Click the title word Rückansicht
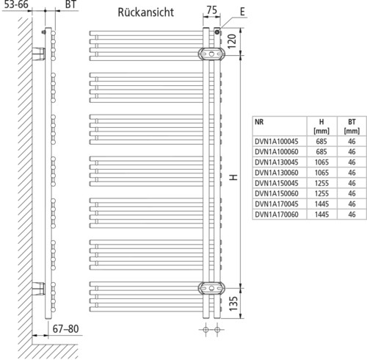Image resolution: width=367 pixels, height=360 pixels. [x=146, y=12]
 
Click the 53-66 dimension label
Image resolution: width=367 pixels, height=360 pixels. [x=16, y=4]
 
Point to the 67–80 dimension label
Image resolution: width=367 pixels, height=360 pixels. [x=65, y=329]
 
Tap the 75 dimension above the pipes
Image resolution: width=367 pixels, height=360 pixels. [x=211, y=10]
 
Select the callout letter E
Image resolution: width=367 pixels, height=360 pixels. [x=242, y=12]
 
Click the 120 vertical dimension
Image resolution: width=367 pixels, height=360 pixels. [x=232, y=41]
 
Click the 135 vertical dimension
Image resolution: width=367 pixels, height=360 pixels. [x=233, y=303]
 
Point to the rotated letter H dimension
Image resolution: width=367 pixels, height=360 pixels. [x=233, y=177]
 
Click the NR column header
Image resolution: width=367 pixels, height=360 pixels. [x=259, y=122]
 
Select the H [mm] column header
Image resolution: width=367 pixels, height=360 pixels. [x=321, y=126]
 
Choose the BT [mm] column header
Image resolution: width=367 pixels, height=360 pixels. [x=352, y=126]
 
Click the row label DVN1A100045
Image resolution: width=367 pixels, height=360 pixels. [x=277, y=142]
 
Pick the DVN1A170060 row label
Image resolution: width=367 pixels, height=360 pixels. [x=277, y=215]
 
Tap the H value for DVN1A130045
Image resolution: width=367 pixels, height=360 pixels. [x=321, y=162]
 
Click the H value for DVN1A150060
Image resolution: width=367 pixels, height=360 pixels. [x=321, y=193]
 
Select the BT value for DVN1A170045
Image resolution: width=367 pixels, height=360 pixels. [x=352, y=204]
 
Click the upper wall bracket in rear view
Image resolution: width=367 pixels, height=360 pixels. [x=211, y=54]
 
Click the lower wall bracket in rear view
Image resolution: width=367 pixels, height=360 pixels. [x=211, y=288]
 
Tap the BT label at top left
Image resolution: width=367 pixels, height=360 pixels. [x=70, y=4]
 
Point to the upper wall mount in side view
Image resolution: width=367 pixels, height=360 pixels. [x=39, y=54]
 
